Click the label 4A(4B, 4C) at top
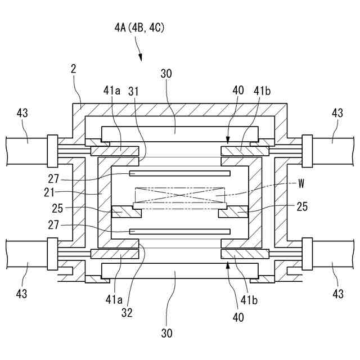[x=139, y=28]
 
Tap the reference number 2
[x=74, y=69]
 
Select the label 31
[x=133, y=91]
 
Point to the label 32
[x=127, y=313]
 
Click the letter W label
[x=301, y=184]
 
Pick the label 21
[x=49, y=192]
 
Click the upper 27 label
[x=53, y=179]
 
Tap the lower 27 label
[x=53, y=225]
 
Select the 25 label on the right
[x=302, y=206]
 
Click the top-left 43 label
[x=22, y=113]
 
